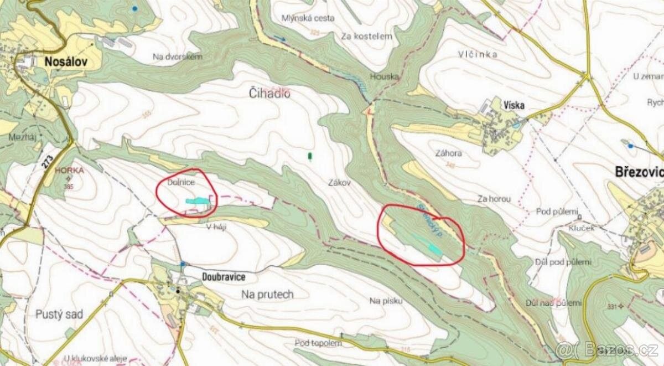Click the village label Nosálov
pos(65,61)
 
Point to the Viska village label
pos(513,105)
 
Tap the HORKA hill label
pos(66,172)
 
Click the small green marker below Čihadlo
pos(310,157)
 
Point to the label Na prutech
pos(267,294)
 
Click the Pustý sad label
pos(59,315)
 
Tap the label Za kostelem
pos(366,36)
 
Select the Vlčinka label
pos(478,54)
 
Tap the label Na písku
pos(385,301)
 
